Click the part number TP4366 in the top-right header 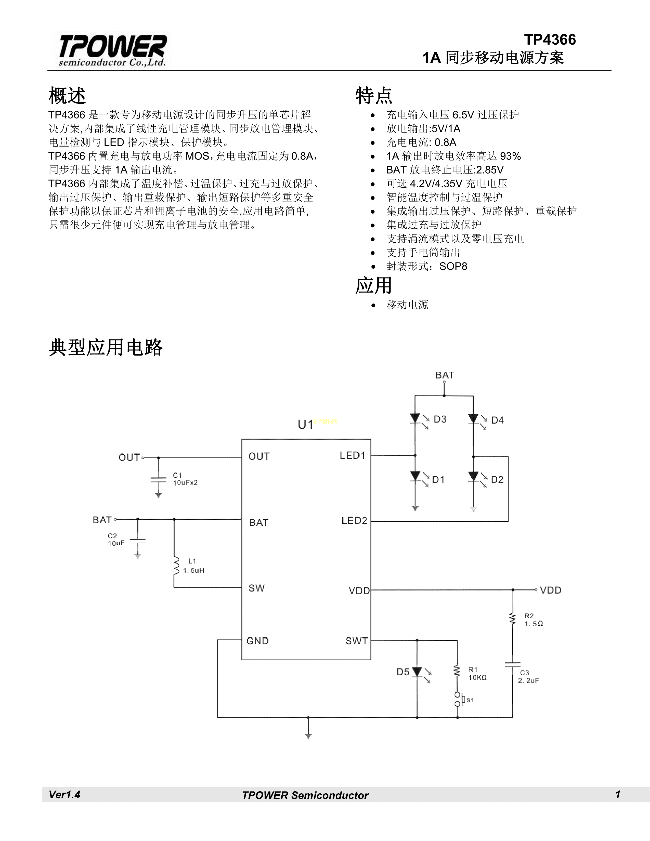tap(550, 40)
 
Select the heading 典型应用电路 tap(106, 347)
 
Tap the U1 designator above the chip tap(305, 424)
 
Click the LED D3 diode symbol tap(415, 418)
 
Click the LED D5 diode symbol tap(417, 672)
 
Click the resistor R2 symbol tap(513, 619)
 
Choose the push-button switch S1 tap(458, 699)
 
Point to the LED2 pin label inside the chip tap(354, 521)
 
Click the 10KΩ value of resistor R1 tap(477, 678)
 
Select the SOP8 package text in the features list tap(453, 267)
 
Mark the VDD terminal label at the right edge tap(551, 590)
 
